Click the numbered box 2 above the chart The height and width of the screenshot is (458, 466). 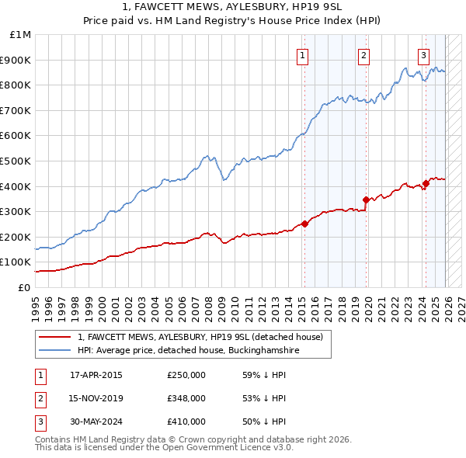click(x=363, y=55)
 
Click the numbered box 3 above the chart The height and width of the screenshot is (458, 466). click(x=423, y=55)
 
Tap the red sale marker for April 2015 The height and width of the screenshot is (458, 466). click(x=304, y=224)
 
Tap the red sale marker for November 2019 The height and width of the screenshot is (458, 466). click(x=366, y=199)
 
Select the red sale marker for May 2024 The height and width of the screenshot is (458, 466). click(x=426, y=184)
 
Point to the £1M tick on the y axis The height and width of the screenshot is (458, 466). click(x=20, y=35)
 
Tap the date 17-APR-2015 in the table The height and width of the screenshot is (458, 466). click(x=96, y=375)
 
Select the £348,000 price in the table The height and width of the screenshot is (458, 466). click(x=186, y=398)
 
